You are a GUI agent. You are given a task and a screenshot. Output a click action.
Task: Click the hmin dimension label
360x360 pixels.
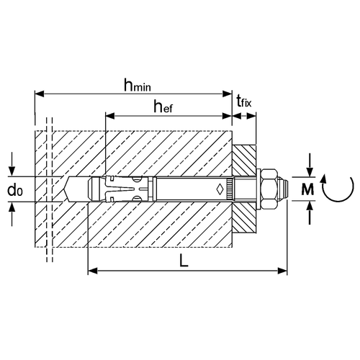[x=138, y=85]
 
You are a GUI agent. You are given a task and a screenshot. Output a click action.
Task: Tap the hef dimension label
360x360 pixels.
[x=163, y=107]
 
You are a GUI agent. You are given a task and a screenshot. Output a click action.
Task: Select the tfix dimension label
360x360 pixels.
[x=244, y=101]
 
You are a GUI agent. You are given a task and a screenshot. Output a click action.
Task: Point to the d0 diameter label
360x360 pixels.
[x=15, y=190]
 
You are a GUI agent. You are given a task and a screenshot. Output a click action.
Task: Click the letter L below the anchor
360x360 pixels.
[x=184, y=261]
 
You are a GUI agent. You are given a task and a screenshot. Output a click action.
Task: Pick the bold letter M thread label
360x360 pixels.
[x=307, y=189]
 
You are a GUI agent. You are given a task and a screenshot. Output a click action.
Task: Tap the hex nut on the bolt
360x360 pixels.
[x=269, y=189]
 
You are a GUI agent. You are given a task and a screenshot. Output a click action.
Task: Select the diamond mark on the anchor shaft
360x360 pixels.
[x=220, y=189]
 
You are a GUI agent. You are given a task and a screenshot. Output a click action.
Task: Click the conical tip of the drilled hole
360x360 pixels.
[x=66, y=189]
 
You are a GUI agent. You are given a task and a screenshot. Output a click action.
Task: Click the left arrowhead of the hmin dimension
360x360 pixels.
[x=40, y=94]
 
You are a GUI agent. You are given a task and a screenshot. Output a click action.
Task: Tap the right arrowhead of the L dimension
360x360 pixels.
[x=282, y=271]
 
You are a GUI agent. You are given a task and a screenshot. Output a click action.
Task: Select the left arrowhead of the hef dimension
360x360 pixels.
[x=110, y=116]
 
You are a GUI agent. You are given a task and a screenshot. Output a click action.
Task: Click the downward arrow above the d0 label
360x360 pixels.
[x=12, y=166]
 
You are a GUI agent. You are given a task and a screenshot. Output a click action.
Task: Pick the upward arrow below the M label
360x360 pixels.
[x=310, y=212]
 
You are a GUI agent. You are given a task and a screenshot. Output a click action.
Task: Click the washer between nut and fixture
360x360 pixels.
[x=258, y=189]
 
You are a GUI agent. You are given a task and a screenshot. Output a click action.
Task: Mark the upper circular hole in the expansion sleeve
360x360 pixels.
[x=137, y=179]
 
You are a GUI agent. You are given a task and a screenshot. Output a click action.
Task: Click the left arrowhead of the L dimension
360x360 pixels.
[x=93, y=271]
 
